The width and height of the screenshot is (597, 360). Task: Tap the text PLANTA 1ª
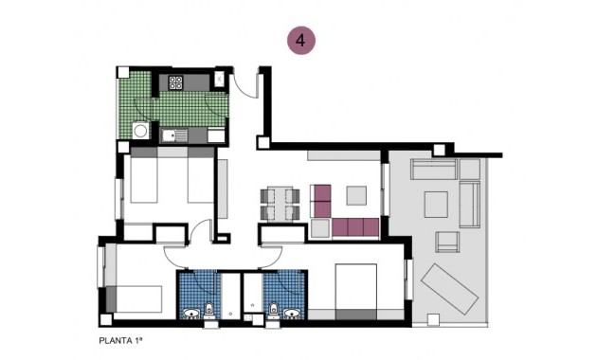coord(123,338)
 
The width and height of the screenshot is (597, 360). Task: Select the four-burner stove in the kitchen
coord(176,82)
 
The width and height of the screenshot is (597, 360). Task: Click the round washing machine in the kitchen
coord(140,132)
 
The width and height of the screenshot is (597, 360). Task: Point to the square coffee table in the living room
coord(356,195)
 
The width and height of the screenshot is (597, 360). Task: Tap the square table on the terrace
coord(436,204)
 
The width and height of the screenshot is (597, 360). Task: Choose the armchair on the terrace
coord(446,242)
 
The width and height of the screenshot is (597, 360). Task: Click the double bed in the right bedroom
coord(355,289)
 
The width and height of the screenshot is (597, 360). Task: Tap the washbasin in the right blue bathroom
coord(274,309)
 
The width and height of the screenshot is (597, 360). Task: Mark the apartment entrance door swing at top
coord(245,82)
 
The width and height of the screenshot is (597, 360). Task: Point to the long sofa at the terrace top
coord(434,171)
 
